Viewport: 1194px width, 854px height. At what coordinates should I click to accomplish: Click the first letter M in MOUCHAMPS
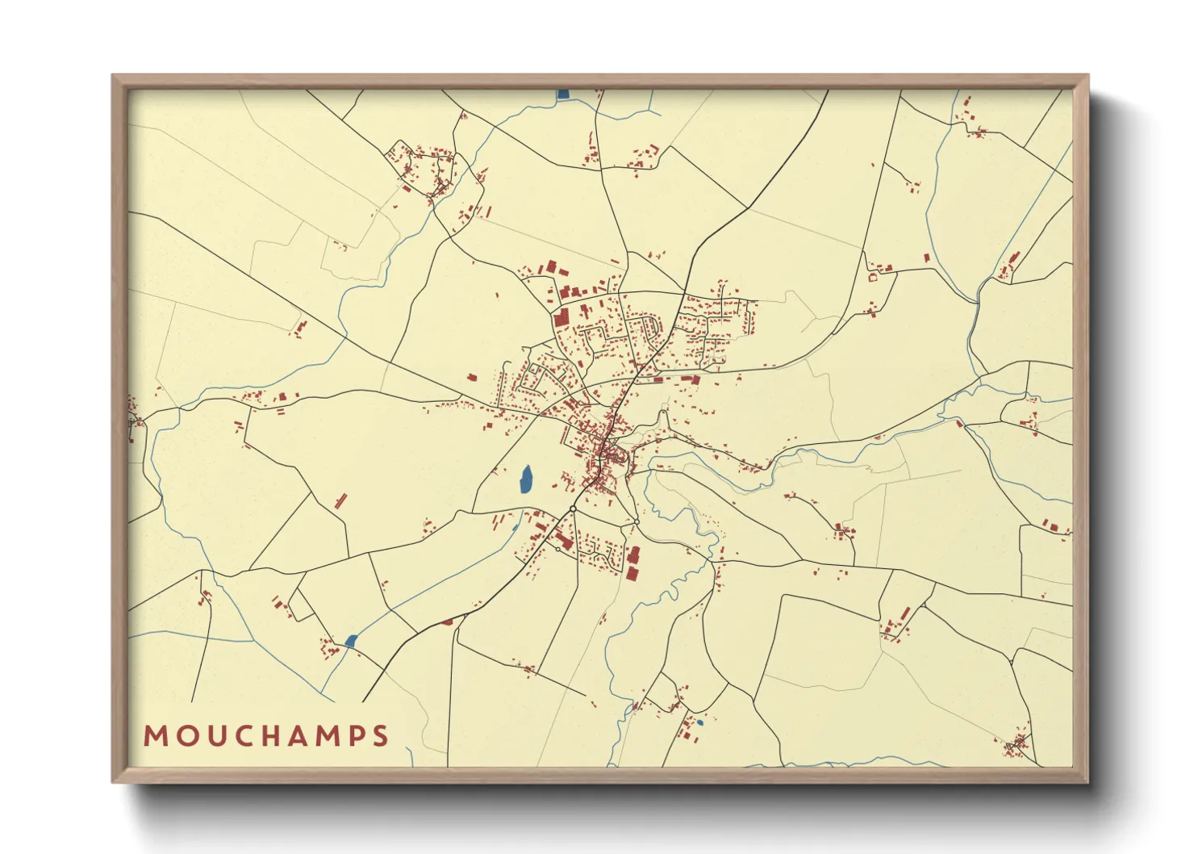[154, 735]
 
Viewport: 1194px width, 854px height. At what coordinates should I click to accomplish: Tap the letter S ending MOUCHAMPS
[381, 735]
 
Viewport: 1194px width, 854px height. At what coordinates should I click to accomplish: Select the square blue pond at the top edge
[563, 94]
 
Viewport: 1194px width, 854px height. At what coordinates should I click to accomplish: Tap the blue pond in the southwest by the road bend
[350, 640]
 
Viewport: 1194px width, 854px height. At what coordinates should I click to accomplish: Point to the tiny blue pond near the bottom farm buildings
[699, 722]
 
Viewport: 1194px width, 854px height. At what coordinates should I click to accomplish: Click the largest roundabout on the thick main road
[572, 509]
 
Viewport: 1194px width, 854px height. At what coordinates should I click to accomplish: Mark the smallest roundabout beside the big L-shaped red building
[558, 549]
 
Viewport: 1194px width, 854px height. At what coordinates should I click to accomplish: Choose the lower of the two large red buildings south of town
[632, 573]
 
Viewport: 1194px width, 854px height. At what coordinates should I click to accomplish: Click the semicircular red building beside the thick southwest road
[446, 622]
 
